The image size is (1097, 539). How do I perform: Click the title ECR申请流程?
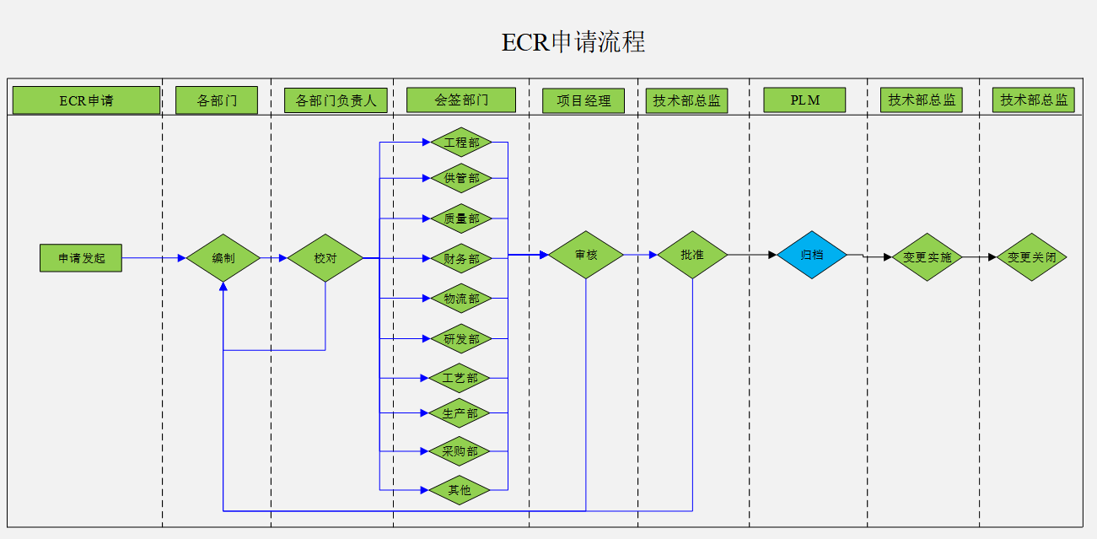(x=573, y=42)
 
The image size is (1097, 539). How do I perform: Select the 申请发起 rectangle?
(x=81, y=258)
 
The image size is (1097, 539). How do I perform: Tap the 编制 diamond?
(x=223, y=258)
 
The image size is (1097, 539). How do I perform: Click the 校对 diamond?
(x=325, y=258)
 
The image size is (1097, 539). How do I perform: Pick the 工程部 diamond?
(x=461, y=143)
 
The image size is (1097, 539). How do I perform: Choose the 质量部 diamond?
(x=461, y=218)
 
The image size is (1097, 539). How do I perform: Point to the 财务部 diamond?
(x=461, y=259)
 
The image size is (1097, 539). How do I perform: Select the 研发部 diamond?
(x=461, y=339)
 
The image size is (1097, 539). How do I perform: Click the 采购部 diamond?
(x=460, y=451)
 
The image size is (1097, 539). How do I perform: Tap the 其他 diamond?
(x=460, y=489)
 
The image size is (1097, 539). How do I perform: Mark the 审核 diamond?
(x=586, y=254)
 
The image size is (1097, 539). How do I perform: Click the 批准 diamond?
(x=692, y=254)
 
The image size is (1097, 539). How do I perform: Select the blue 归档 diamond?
(x=811, y=254)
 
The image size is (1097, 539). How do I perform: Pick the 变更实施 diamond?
(x=927, y=257)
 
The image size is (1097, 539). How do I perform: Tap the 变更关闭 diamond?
(x=1031, y=257)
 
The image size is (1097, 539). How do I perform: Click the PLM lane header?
(x=804, y=100)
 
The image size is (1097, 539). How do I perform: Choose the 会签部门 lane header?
(x=460, y=100)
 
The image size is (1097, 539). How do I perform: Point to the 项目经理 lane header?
(x=583, y=101)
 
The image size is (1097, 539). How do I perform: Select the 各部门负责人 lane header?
(x=336, y=101)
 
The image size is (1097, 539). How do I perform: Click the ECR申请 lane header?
(x=86, y=100)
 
